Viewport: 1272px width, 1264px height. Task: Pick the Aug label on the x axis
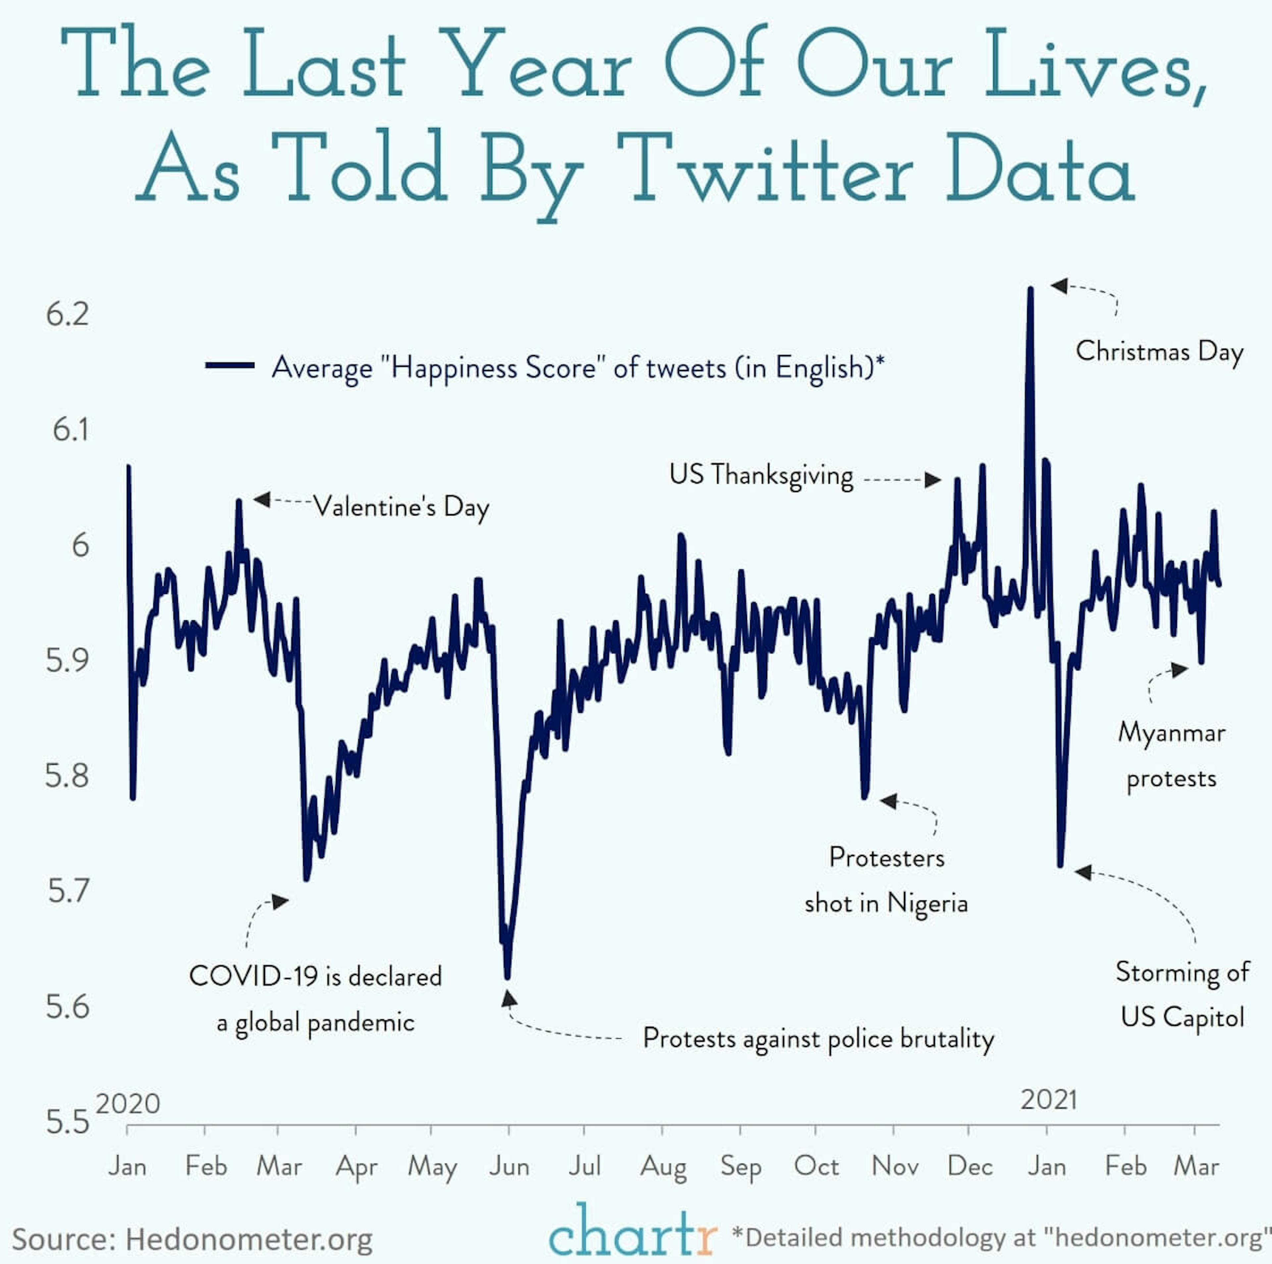(663, 1167)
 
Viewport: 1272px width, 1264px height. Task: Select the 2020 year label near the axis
(128, 1103)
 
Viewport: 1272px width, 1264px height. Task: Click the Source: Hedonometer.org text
(192, 1239)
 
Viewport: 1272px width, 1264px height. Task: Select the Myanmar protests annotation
(1171, 755)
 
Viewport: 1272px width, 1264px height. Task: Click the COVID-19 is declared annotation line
(315, 976)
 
